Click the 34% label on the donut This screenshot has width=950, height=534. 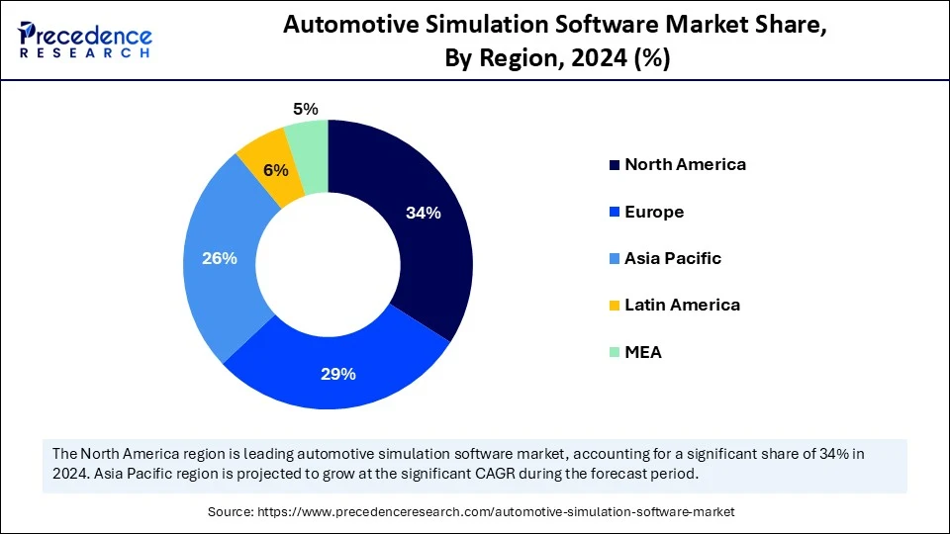click(x=423, y=213)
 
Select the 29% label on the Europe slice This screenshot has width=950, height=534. click(x=338, y=374)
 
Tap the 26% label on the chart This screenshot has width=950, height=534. click(x=219, y=259)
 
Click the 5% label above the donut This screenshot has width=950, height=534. click(x=306, y=110)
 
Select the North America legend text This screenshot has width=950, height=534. click(x=685, y=164)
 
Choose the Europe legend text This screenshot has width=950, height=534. click(x=654, y=212)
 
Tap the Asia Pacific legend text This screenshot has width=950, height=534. click(x=673, y=258)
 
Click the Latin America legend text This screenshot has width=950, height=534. click(x=682, y=305)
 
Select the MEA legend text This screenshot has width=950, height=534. click(x=643, y=352)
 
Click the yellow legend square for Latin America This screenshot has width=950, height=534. click(x=615, y=306)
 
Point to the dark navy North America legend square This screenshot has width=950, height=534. click(x=615, y=165)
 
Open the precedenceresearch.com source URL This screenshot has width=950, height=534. click(x=496, y=511)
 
